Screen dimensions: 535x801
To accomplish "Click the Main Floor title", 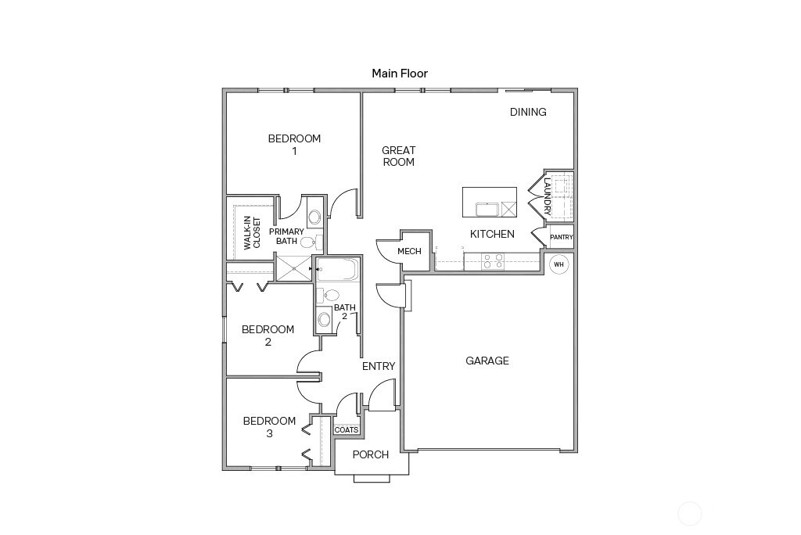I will pos(400,74).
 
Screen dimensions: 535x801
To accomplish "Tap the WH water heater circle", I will pos(559,264).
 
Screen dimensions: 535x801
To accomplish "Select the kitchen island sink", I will pos(487,209).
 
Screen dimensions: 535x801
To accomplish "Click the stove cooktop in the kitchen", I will pos(493,261).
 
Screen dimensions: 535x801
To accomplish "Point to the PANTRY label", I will pos(562,237).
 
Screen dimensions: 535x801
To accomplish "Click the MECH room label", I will pos(409,251).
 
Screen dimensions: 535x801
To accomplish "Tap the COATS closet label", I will pos(347,430).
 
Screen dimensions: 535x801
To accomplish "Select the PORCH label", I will pos(371,454).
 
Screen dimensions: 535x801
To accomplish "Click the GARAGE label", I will pos(487,361).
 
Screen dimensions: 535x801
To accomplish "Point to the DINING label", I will pos(528,112).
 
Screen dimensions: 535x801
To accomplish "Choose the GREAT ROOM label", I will pos(398,156).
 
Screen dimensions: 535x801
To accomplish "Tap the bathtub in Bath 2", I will pos(337,271).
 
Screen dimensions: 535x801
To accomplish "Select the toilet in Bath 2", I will pos(330,296).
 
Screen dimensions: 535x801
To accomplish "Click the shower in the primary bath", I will pos(292,268).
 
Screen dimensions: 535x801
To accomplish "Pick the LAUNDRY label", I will pos(548,196).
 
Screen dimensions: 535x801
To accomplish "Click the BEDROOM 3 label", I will pos(269,427).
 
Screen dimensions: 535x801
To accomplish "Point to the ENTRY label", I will pos(379,366).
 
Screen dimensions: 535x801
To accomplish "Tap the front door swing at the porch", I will pos(382,396).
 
